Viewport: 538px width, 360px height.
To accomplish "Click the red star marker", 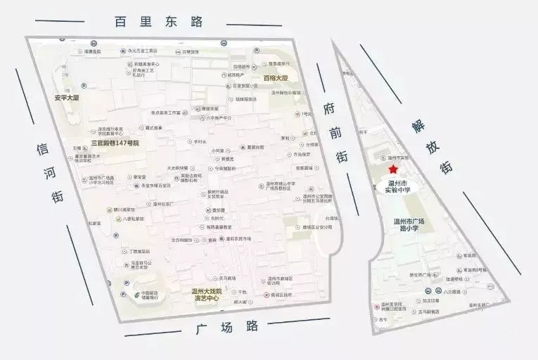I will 394,170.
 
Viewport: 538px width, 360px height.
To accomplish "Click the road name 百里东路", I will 158,22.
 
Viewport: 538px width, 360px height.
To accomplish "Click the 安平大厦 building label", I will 67,98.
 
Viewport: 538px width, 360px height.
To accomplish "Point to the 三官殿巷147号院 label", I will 115,143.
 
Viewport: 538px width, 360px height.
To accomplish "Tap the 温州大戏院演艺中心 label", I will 207,295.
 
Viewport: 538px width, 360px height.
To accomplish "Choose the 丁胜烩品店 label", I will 139,251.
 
